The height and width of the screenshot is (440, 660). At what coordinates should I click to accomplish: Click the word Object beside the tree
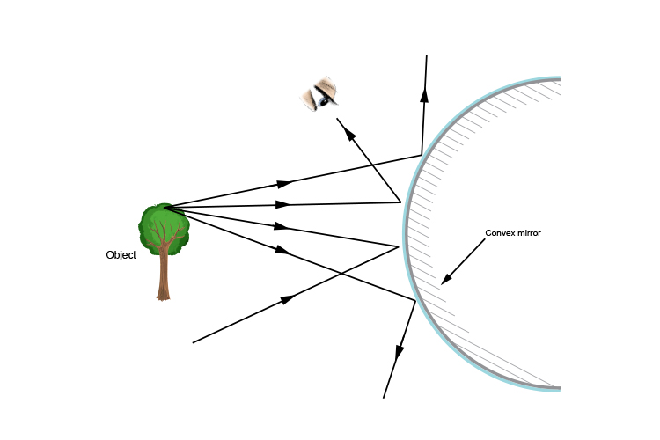pyautogui.click(x=121, y=255)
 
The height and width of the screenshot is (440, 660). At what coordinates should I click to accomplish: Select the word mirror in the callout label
pyautogui.click(x=529, y=233)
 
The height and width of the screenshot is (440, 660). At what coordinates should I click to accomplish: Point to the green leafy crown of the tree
pyautogui.click(x=164, y=227)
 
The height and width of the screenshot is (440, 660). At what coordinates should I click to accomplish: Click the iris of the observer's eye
pyautogui.click(x=324, y=100)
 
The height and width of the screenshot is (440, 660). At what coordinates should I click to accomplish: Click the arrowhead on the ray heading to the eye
pyautogui.click(x=348, y=132)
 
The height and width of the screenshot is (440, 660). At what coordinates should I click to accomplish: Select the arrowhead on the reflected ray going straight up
pyautogui.click(x=424, y=94)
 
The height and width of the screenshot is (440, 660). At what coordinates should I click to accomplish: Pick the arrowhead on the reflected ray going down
pyautogui.click(x=400, y=352)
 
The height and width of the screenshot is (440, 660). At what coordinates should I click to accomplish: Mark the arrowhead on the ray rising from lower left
pyautogui.click(x=286, y=300)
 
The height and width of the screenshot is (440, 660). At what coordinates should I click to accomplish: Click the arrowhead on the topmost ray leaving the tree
pyautogui.click(x=284, y=184)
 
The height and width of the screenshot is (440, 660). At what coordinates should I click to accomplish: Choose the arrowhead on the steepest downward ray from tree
pyautogui.click(x=282, y=251)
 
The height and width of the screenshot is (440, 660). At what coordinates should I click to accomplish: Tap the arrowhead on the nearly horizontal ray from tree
pyautogui.click(x=284, y=205)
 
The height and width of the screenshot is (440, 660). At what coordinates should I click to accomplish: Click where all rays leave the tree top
pyautogui.click(x=165, y=208)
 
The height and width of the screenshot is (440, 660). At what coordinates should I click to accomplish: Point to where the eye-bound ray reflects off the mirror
pyautogui.click(x=402, y=202)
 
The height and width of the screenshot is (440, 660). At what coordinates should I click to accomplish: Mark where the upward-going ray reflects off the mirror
pyautogui.click(x=422, y=155)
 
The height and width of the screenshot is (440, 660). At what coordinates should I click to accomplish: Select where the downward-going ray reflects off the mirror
pyautogui.click(x=415, y=302)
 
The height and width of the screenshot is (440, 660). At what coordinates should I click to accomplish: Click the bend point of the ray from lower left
pyautogui.click(x=399, y=246)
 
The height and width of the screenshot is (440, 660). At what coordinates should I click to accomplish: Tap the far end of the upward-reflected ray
pyautogui.click(x=427, y=55)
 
